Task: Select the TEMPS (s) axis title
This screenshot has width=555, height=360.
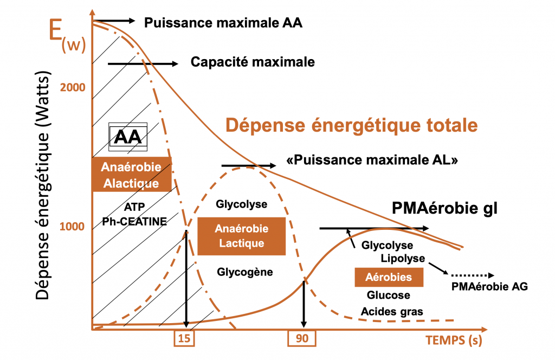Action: [x=454, y=340]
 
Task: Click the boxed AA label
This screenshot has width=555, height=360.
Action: [x=128, y=137]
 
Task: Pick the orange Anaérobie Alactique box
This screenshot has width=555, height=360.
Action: [x=131, y=175]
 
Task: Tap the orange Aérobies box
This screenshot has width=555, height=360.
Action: [x=388, y=277]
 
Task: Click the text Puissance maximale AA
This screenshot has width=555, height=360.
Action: [x=223, y=23]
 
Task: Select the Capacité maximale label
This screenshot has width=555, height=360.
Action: [x=253, y=62]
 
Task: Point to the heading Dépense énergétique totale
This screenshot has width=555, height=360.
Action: [x=351, y=125]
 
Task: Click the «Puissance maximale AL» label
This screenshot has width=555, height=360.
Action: [x=372, y=160]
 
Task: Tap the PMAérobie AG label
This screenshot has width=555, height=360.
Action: [x=489, y=287]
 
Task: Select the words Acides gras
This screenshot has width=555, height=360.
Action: [x=392, y=311]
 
